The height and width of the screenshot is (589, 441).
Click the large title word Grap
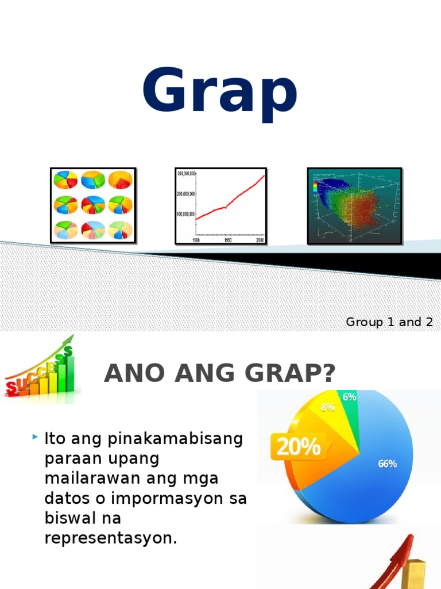(x=220, y=92)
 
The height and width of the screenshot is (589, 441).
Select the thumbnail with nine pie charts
(x=93, y=205)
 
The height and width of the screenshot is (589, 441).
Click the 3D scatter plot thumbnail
(x=354, y=205)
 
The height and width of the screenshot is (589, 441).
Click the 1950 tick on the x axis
(x=228, y=240)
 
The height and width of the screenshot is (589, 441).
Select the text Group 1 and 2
(x=389, y=322)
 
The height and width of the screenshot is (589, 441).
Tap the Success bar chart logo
(x=40, y=368)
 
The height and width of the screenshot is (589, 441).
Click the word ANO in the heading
(x=127, y=375)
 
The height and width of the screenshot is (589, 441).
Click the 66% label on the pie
(x=387, y=464)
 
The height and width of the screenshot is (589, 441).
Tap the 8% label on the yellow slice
(x=328, y=407)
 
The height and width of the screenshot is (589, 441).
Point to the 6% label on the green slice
(x=349, y=396)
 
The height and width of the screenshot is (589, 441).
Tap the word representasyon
(x=111, y=538)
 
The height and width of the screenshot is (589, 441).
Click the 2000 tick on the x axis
(x=260, y=240)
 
